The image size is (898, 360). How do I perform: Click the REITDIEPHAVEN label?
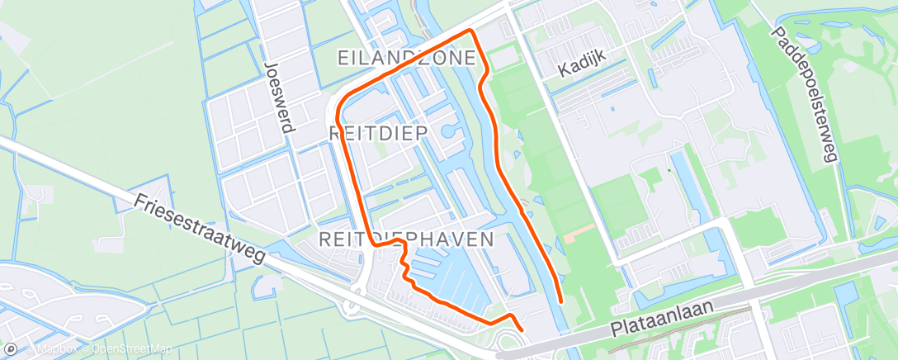tap(405, 239)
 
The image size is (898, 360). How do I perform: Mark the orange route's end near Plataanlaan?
tap(522, 332)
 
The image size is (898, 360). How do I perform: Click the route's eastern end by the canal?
tap(561, 302)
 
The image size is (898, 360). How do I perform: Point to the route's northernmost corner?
tap(471, 31)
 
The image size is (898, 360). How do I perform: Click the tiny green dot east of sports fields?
tap(669, 171)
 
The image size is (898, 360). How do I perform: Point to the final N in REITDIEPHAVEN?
tap(487, 239)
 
